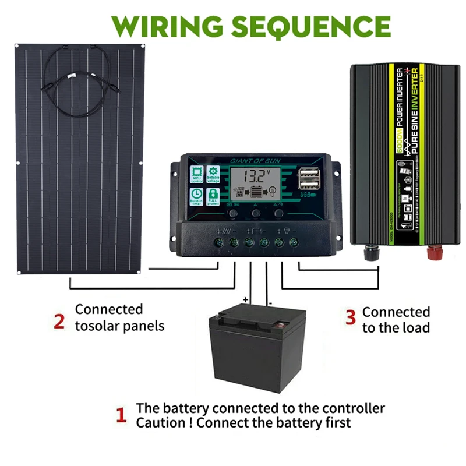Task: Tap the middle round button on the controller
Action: point(256,214)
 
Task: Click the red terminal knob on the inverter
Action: point(433,252)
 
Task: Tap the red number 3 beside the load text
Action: point(350,317)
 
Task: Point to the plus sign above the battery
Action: point(245,301)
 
